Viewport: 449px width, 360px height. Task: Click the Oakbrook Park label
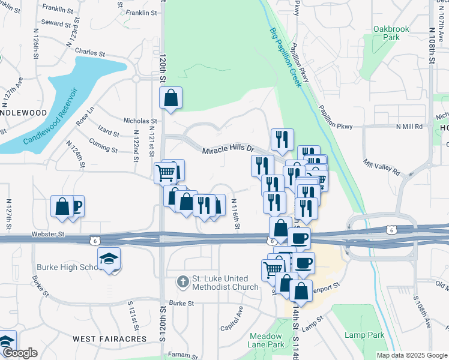387,32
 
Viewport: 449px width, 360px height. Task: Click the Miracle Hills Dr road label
228,150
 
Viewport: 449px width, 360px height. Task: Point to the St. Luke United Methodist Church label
226,283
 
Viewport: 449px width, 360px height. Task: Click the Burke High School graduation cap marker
109,259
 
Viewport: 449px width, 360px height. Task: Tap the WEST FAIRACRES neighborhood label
109,339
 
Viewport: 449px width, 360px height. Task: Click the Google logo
19,353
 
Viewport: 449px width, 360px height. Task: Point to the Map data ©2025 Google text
412,355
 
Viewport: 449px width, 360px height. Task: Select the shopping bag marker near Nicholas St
170,97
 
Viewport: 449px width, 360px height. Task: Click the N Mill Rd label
409,127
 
